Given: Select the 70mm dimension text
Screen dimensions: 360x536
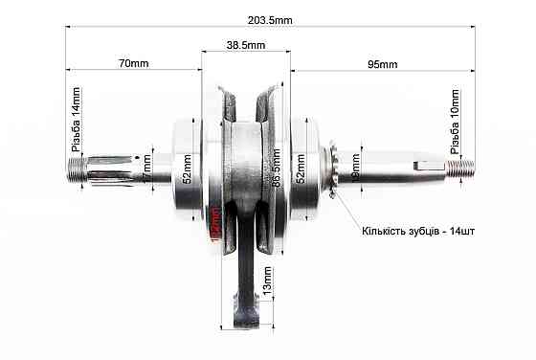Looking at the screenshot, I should (133, 64).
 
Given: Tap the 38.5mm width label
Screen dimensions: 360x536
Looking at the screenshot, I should (246, 44).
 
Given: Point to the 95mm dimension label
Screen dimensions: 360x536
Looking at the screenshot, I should (382, 64).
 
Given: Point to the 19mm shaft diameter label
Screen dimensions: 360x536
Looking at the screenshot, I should (356, 169).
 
